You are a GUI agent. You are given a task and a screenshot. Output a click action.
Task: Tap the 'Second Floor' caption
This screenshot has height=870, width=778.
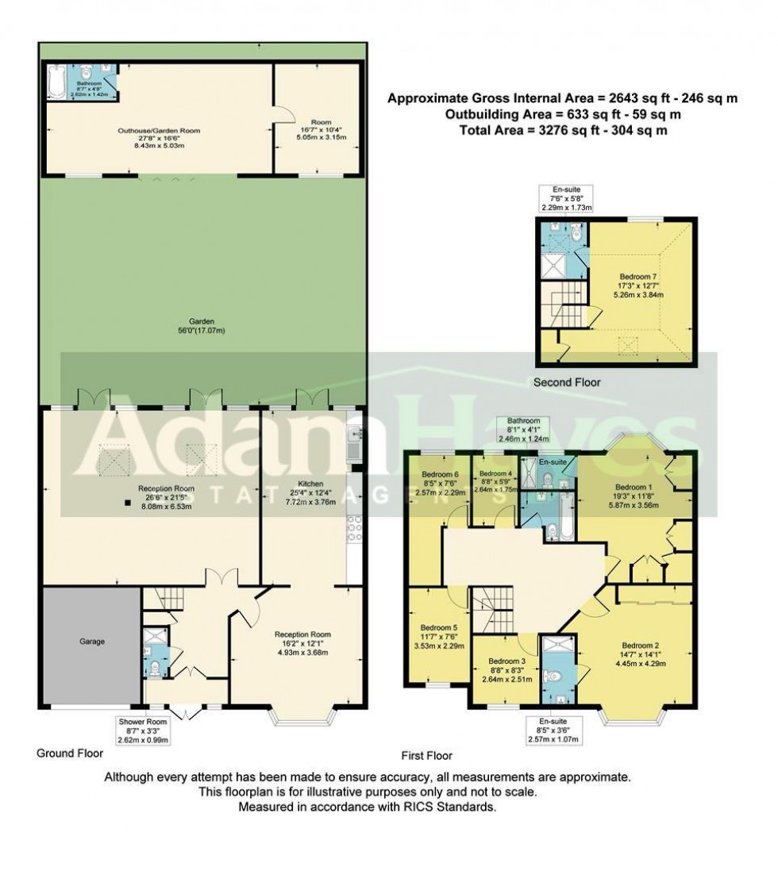(567, 382)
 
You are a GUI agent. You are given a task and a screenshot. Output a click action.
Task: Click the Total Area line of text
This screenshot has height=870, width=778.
(562, 131)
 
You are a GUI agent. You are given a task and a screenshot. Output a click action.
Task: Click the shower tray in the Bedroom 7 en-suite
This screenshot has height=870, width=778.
(561, 266)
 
